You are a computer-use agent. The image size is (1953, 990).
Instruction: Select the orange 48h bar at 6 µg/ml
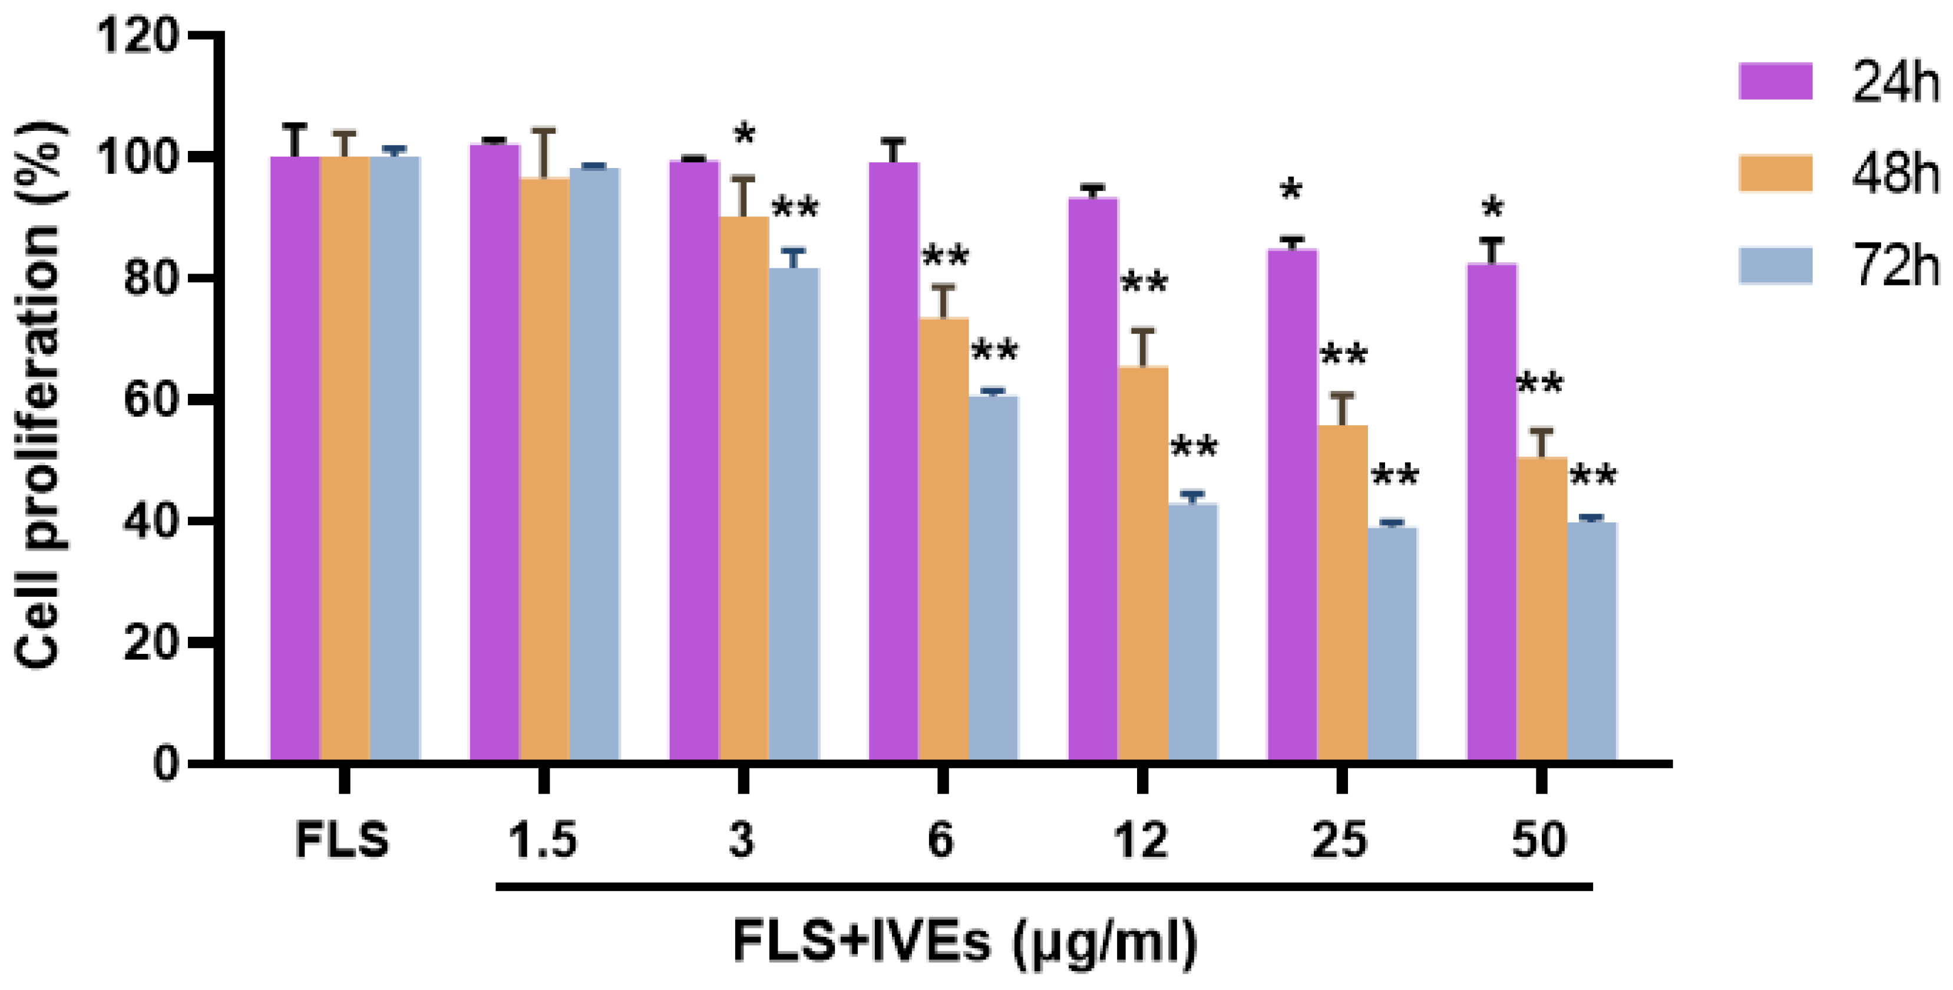point(943,538)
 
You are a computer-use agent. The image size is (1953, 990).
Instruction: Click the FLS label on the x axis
point(342,840)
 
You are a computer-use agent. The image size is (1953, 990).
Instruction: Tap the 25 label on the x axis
point(1340,840)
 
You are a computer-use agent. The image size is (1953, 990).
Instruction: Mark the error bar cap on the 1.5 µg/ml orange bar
point(544,130)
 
